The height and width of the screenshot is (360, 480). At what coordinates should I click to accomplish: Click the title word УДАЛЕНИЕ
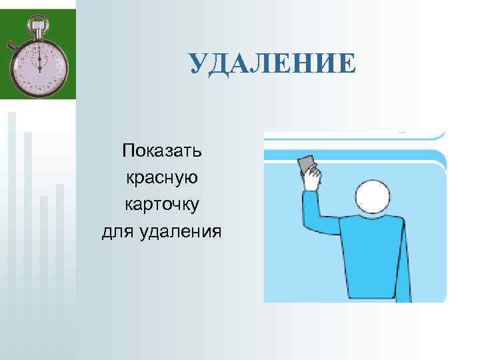click(x=272, y=64)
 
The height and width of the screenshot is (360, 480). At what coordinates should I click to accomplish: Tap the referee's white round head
click(x=375, y=203)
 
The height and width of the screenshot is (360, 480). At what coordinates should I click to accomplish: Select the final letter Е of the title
click(x=347, y=64)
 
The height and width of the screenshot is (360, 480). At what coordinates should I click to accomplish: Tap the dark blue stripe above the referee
click(x=353, y=156)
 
